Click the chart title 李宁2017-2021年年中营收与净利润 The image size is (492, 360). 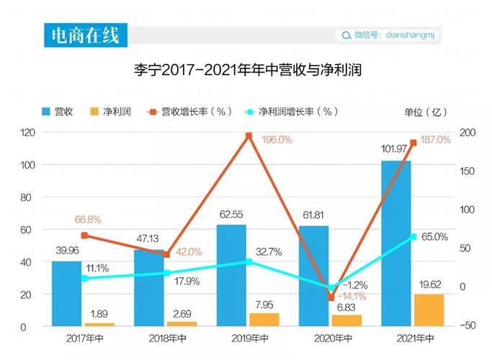click(x=246, y=71)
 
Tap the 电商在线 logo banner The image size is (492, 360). click(x=81, y=35)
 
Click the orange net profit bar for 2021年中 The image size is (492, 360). click(x=429, y=310)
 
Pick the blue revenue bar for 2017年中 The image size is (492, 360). click(x=66, y=293)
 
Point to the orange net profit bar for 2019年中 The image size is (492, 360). click(x=264, y=319)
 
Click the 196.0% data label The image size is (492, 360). click(x=277, y=140)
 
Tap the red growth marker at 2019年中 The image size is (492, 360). click(x=249, y=135)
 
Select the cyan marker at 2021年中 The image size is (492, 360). click(x=413, y=236)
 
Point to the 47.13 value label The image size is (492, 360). click(x=148, y=238)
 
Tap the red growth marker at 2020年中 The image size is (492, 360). click(x=331, y=297)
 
